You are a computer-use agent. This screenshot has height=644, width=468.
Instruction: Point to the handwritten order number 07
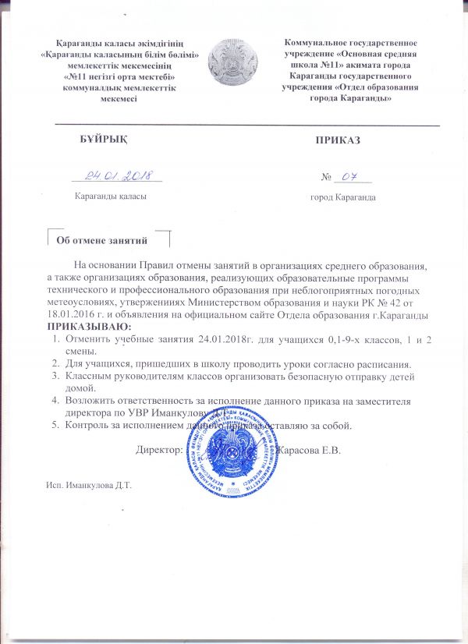point(349,176)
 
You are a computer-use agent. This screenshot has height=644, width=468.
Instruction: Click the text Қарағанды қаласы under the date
point(109,196)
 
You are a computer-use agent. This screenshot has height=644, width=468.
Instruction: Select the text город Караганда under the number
point(343,197)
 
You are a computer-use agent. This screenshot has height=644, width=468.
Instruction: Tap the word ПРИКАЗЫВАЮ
point(90,324)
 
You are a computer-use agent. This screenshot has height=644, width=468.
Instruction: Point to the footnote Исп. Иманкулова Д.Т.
point(90,485)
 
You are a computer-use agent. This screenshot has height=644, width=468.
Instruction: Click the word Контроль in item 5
point(88,426)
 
